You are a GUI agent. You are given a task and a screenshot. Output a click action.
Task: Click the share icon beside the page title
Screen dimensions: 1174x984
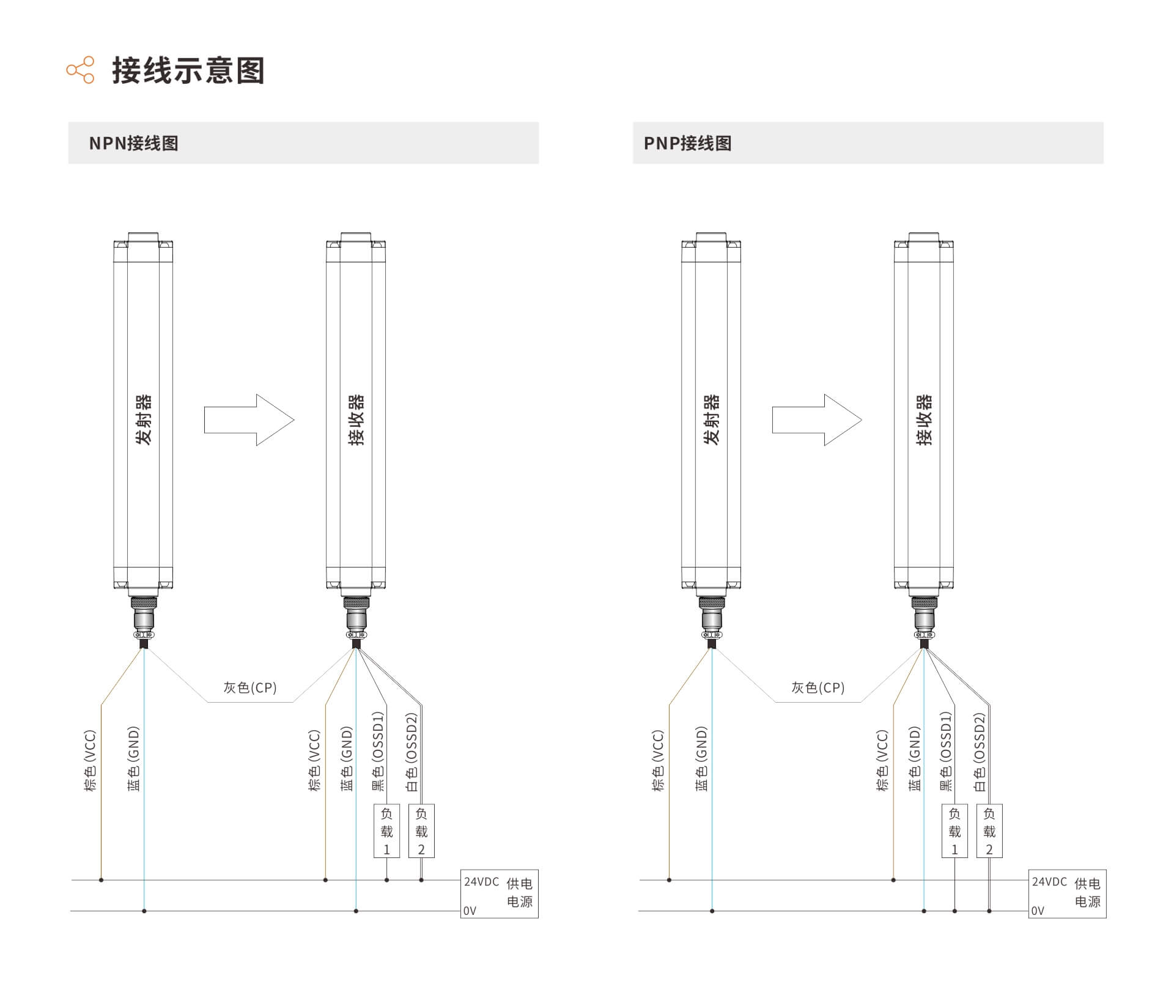coord(81,70)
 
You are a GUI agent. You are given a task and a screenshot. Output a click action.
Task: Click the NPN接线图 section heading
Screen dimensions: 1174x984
coord(133,143)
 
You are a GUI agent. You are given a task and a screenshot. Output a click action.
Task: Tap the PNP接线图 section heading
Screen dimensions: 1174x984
coord(688,143)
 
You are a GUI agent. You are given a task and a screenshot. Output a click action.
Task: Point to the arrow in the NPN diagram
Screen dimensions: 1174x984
coord(249,420)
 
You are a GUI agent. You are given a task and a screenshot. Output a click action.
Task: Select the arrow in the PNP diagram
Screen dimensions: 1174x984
coord(817,420)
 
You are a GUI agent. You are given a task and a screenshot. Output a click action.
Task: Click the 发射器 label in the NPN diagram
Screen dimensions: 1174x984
coord(143,420)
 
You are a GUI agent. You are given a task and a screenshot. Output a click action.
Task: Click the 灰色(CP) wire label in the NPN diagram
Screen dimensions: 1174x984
coord(249,687)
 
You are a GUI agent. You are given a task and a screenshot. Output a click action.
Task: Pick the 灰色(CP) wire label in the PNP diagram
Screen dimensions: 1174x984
coord(818,687)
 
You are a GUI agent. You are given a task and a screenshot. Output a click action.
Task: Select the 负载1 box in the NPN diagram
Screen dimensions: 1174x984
coord(386,830)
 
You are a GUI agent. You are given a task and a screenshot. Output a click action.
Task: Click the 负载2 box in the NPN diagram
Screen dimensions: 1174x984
coord(421,830)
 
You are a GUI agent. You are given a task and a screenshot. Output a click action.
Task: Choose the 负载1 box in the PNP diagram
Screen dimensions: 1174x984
coord(954,830)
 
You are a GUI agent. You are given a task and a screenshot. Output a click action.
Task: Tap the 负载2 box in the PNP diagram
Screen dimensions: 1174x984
coord(989,830)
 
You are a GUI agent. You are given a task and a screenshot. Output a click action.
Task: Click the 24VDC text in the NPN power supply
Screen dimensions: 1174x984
coord(481,882)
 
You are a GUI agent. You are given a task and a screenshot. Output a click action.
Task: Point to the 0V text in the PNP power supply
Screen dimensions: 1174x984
coord(1038,911)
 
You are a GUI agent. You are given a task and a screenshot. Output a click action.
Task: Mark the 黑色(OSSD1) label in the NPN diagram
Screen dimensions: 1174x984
coord(378,751)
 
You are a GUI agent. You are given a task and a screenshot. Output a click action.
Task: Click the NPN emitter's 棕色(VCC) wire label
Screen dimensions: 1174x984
coord(90,760)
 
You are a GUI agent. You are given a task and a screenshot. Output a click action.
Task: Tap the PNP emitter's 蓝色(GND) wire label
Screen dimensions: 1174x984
coord(701,758)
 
